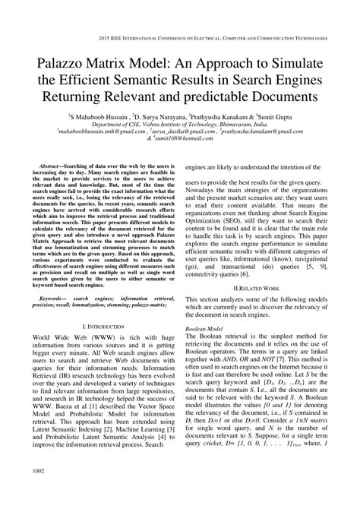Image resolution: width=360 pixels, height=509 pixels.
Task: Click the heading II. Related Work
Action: pos(254,267)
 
